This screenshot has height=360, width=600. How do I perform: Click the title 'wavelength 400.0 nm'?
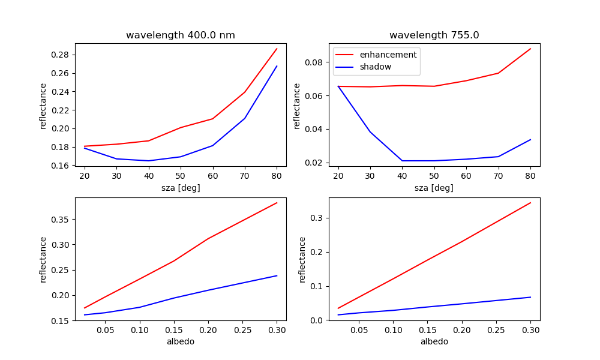(x=180, y=35)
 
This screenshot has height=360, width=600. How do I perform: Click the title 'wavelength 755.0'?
(x=434, y=35)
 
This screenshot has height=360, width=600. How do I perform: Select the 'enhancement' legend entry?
(x=388, y=55)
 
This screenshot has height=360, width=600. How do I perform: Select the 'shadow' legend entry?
(x=375, y=67)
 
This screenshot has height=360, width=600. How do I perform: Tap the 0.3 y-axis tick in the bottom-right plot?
(x=317, y=218)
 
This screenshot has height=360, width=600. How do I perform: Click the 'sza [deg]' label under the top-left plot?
(x=180, y=188)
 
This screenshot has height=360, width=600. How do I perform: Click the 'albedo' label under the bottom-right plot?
(x=434, y=341)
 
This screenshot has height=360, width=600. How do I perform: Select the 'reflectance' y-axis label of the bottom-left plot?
(x=43, y=259)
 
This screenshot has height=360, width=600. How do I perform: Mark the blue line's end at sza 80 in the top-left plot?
(x=277, y=66)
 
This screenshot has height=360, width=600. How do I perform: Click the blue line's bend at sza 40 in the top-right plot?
(x=402, y=161)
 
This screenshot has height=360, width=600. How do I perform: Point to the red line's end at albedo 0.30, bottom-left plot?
(x=277, y=203)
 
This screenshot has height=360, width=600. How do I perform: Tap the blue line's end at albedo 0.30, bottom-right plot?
(x=530, y=297)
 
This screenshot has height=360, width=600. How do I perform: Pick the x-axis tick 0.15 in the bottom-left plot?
(x=173, y=329)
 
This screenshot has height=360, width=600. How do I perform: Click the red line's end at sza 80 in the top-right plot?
(x=530, y=49)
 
